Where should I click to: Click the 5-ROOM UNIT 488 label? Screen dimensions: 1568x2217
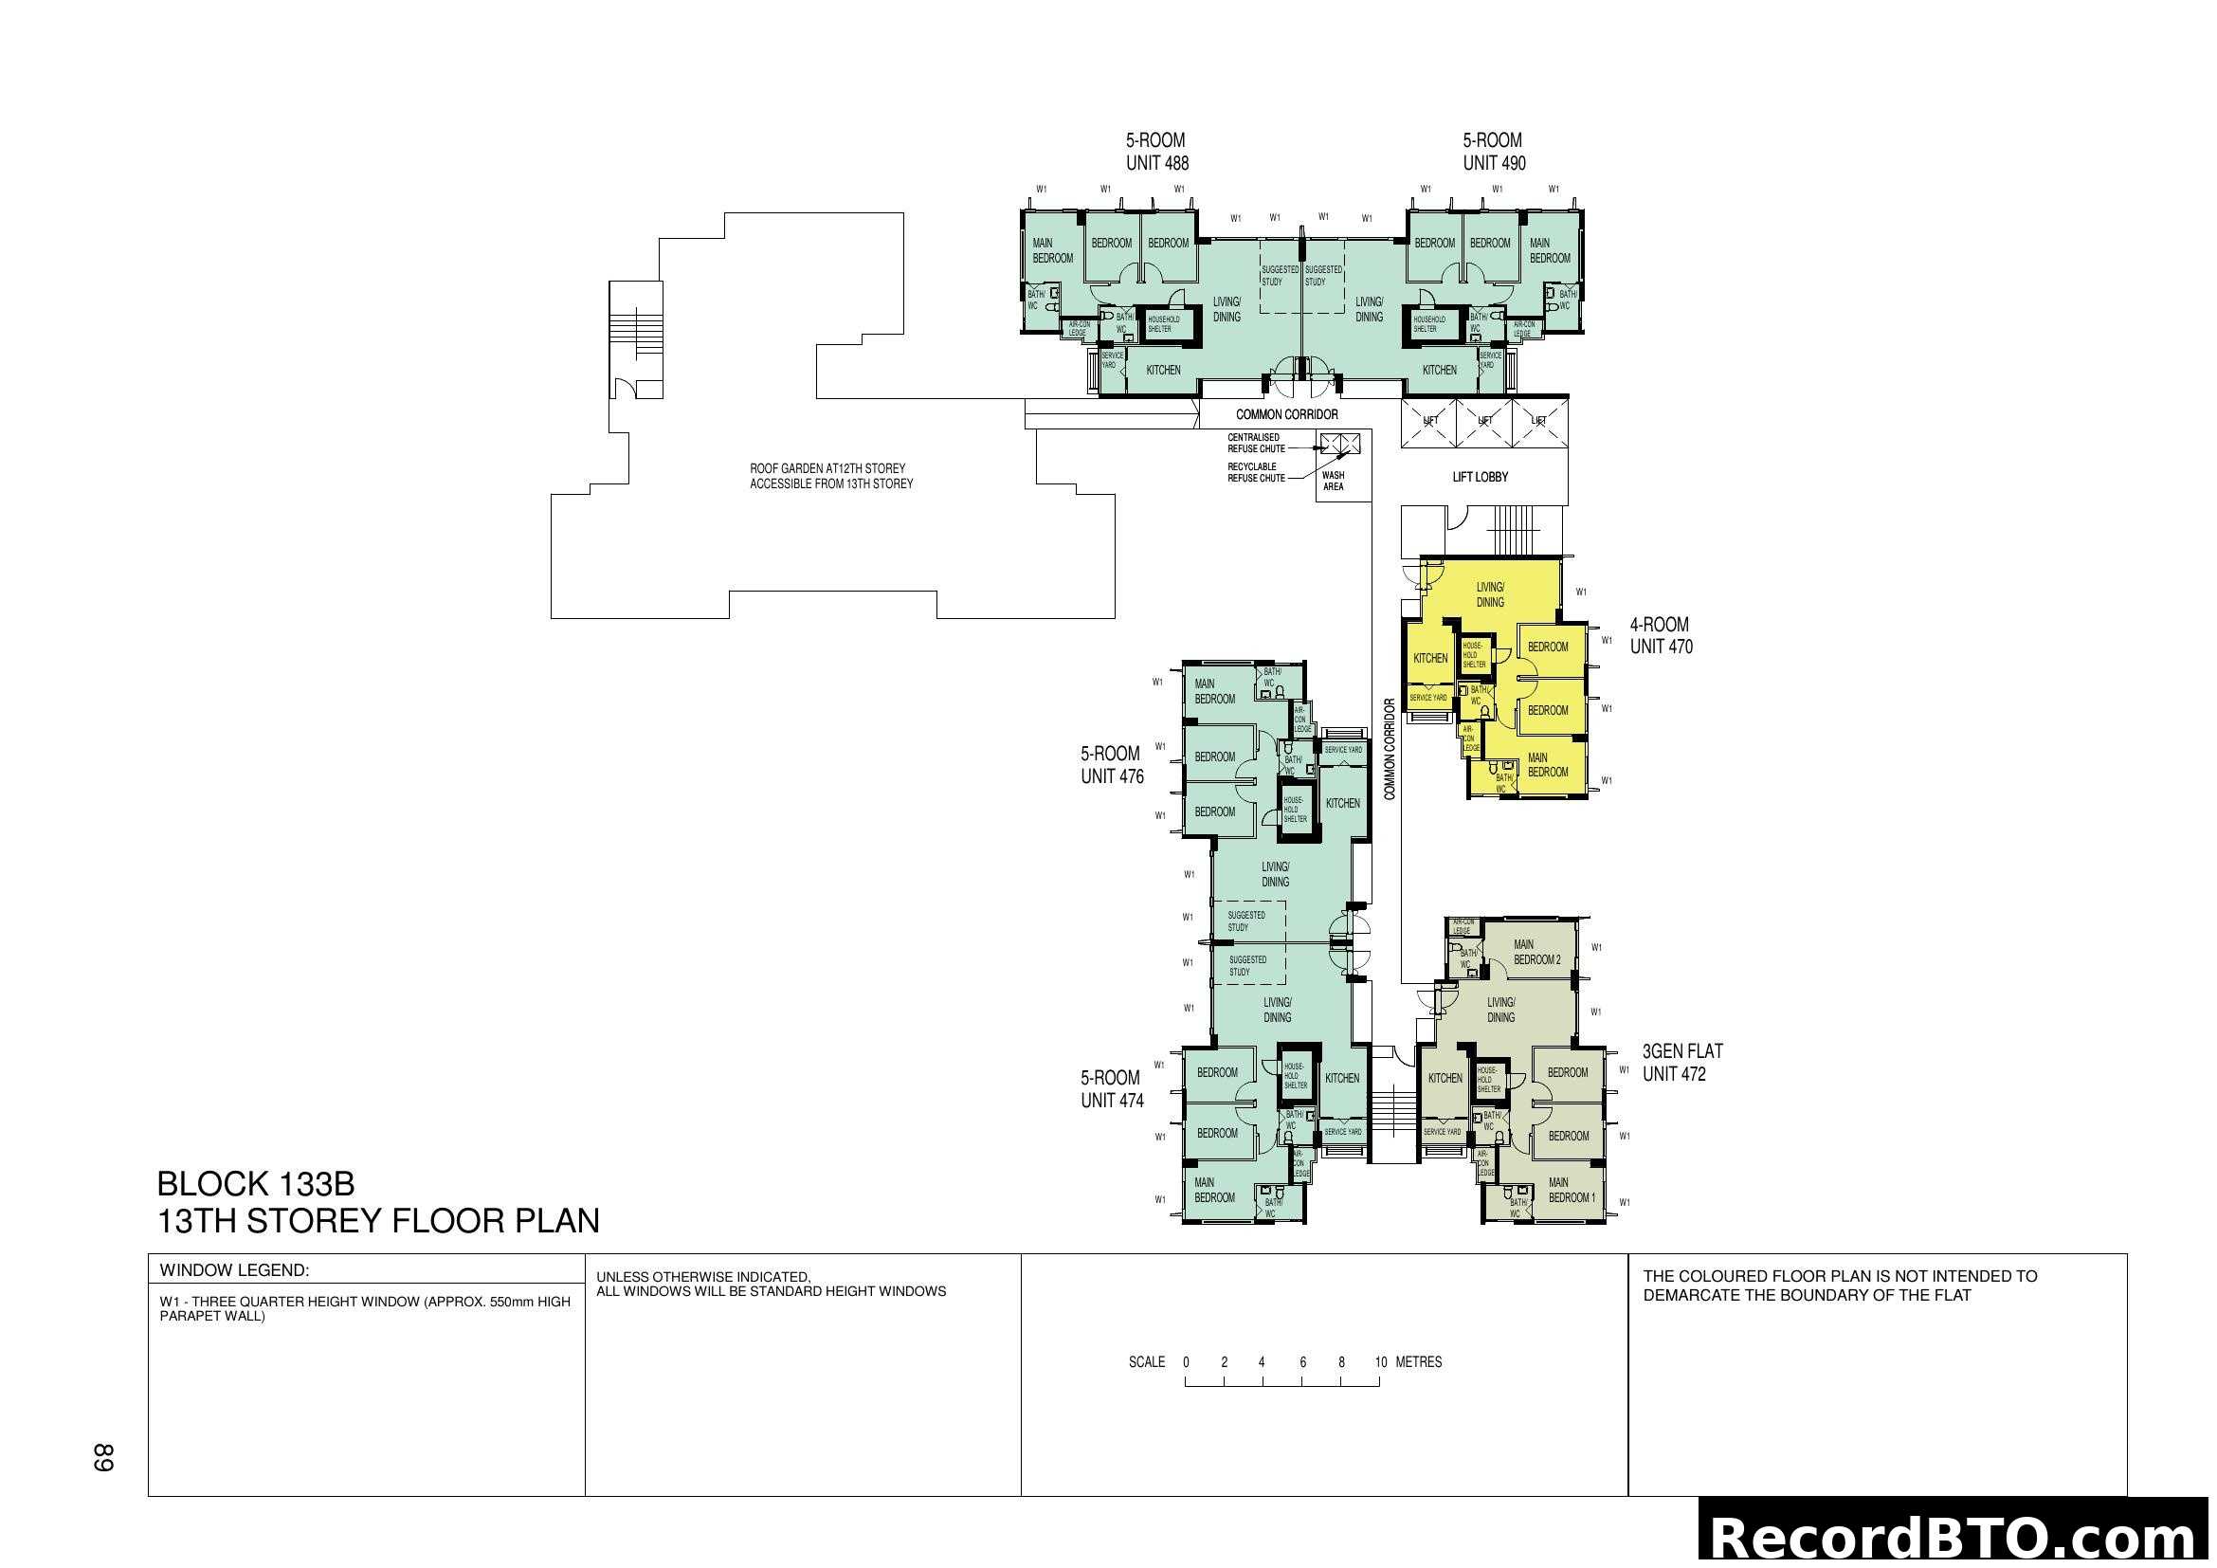[x=1155, y=152]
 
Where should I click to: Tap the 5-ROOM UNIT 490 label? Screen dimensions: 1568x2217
[x=1493, y=152]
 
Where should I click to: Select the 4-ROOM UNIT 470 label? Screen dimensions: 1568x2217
[x=1661, y=635]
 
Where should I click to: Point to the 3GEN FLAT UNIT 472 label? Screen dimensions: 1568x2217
[x=1682, y=1062]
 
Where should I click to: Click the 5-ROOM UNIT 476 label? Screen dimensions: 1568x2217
[x=1112, y=765]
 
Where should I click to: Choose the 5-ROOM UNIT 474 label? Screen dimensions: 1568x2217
[x=1112, y=1088]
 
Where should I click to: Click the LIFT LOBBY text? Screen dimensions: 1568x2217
[x=1480, y=477]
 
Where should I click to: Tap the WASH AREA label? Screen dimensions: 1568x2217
[x=1333, y=481]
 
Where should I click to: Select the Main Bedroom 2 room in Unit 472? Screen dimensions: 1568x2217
[x=1536, y=952]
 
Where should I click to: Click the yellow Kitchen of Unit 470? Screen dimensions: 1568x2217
[x=1430, y=659]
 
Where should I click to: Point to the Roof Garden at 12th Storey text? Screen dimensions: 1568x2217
[x=830, y=476]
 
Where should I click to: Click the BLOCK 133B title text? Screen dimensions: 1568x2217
[x=256, y=1184]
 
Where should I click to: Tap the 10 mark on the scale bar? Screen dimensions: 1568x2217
[x=1380, y=1362]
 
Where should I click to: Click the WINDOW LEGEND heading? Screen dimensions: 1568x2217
[x=234, y=1270]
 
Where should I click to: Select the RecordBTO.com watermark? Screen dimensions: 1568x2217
[x=1955, y=1537]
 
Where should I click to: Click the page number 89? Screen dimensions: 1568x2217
[x=103, y=1457]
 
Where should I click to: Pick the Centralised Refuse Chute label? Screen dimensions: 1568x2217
[x=1255, y=443]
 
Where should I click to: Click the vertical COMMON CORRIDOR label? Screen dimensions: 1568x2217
[x=1390, y=749]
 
